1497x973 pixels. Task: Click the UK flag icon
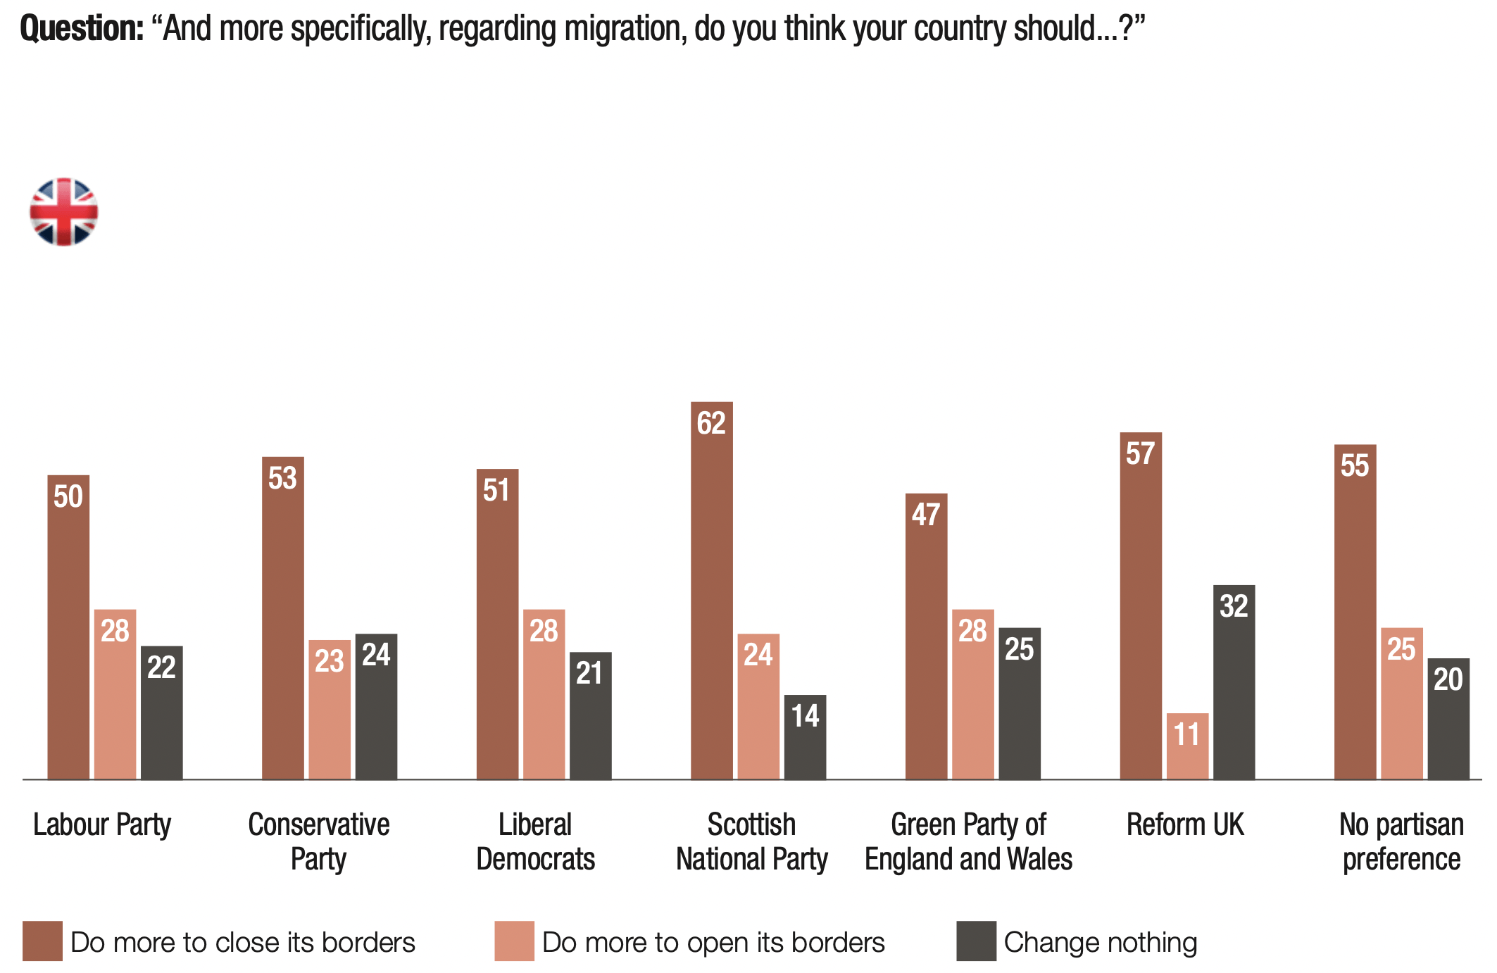pos(63,211)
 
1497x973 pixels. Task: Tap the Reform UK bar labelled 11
pos(1187,746)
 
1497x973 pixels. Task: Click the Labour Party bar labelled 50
pos(68,627)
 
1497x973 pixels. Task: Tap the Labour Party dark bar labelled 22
pos(161,712)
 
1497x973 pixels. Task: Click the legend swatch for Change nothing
pos(976,941)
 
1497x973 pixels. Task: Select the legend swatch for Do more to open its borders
pos(514,941)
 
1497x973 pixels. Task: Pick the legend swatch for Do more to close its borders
pos(42,941)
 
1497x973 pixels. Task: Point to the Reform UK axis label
pos(1185,824)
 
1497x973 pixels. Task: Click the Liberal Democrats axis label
pos(535,841)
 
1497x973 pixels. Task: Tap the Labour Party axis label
pos(102,824)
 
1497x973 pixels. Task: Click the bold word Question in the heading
pos(82,29)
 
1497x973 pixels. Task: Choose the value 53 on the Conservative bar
pos(282,478)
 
